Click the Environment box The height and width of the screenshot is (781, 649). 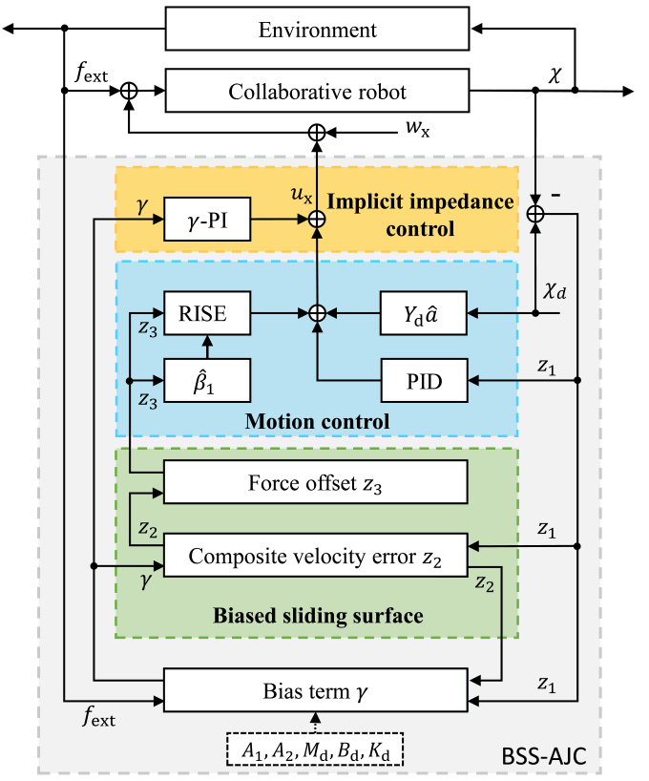pyautogui.click(x=317, y=29)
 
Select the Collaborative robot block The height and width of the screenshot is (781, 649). pyautogui.click(x=317, y=92)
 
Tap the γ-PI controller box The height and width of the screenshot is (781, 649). pyautogui.click(x=208, y=220)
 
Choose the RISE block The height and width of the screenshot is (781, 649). pyautogui.click(x=208, y=310)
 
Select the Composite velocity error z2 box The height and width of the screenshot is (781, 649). pyautogui.click(x=316, y=556)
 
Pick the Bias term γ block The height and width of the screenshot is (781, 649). pyautogui.click(x=316, y=690)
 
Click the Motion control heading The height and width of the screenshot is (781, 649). pyautogui.click(x=317, y=421)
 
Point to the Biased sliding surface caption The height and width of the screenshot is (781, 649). pyautogui.click(x=318, y=615)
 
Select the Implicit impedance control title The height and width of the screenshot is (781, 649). pyautogui.click(x=421, y=215)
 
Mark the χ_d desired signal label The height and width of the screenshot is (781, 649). pyautogui.click(x=555, y=290)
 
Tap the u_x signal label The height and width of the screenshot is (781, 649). pyautogui.click(x=302, y=195)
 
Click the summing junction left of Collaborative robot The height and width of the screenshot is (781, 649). pyautogui.click(x=129, y=92)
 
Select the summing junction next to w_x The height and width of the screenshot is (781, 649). pyautogui.click(x=317, y=131)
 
